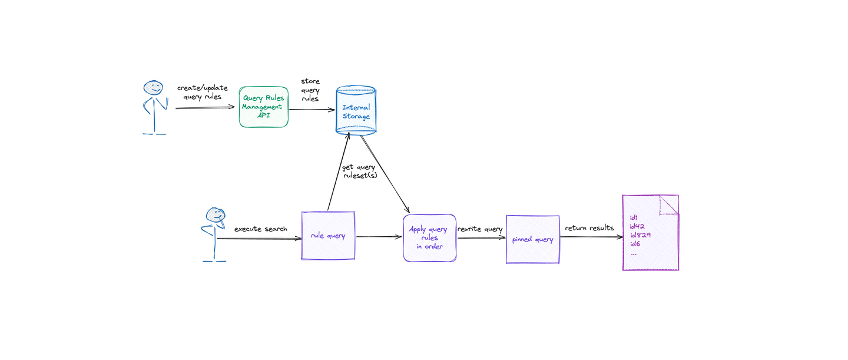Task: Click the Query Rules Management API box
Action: tap(263, 107)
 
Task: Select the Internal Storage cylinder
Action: tap(356, 111)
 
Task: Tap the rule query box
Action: tap(328, 236)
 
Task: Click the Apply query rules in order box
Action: tap(429, 237)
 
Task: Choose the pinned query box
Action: tap(532, 239)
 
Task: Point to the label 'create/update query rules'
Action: tap(201, 93)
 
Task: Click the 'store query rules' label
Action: tap(310, 90)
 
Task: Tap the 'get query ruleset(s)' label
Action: tap(359, 171)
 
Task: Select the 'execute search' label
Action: tap(260, 229)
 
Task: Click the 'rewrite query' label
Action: tap(480, 229)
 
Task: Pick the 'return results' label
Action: tap(589, 228)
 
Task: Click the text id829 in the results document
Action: tap(640, 235)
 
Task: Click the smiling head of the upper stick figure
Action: tap(153, 88)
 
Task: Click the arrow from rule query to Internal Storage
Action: tap(339, 171)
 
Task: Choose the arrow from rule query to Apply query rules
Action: tap(379, 237)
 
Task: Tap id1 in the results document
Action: tap(634, 217)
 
